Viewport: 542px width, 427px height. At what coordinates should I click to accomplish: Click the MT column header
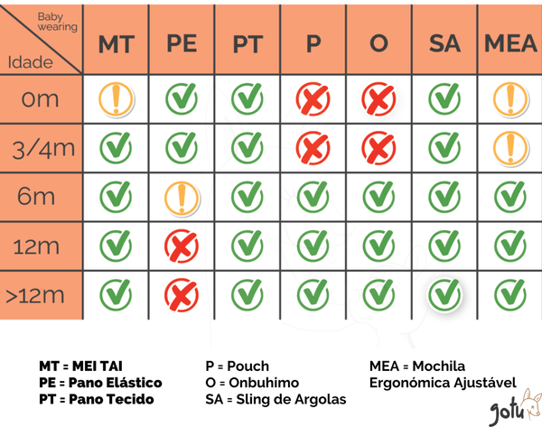coord(116,44)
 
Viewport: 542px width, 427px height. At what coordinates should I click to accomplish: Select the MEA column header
coord(510,44)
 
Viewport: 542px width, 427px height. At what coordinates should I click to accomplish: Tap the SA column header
coord(443,44)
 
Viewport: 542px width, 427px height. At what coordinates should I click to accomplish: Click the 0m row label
coord(40,98)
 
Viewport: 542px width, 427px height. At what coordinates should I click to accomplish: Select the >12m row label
coord(40,293)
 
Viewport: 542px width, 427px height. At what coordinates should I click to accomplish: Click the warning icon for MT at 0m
coord(116,97)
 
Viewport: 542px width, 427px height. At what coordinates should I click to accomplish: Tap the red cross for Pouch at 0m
coord(313,97)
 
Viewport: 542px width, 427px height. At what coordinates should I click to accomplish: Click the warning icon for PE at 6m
coord(182,195)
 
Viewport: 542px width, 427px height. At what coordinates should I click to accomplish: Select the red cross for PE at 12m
coord(182,244)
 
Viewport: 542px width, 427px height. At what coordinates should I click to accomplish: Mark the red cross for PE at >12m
coord(182,292)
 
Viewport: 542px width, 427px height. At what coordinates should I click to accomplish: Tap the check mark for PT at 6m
coord(247,195)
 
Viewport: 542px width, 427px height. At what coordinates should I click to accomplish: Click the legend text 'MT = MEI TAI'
coord(80,367)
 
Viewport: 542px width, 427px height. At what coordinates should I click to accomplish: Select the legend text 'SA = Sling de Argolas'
coord(276,399)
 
